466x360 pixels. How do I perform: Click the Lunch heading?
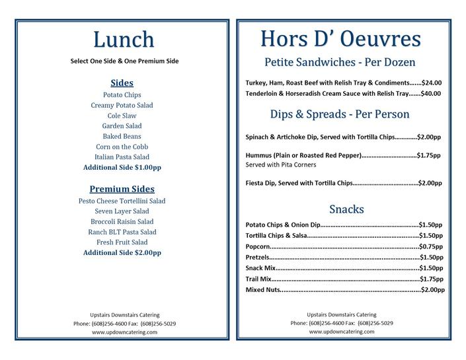tap(124, 39)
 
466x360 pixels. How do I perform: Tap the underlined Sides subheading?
tap(122, 83)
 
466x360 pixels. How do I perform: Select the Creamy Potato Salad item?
tap(122, 105)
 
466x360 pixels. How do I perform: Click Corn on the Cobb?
tap(122, 147)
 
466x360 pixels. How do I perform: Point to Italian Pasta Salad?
tap(122, 157)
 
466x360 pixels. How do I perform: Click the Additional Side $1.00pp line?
tap(122, 168)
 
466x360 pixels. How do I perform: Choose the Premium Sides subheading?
tap(122, 188)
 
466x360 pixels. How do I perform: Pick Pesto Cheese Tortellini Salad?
tap(122, 201)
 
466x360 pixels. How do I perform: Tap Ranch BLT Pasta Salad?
tap(122, 232)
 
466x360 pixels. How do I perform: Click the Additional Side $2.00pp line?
tap(122, 252)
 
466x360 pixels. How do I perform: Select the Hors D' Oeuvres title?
tap(340, 38)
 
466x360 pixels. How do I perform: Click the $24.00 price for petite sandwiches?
tap(431, 83)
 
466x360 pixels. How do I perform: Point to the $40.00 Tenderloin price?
tap(431, 93)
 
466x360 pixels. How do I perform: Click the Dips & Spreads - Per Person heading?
tap(340, 114)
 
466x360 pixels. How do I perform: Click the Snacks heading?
tap(346, 209)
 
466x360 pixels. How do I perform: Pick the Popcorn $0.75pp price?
tap(430, 246)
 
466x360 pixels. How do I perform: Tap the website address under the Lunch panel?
tap(124, 332)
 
